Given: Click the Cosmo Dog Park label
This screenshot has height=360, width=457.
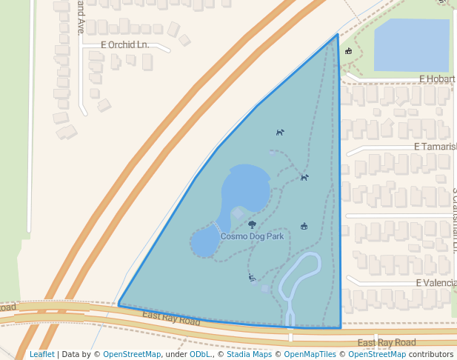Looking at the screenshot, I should pos(252,236).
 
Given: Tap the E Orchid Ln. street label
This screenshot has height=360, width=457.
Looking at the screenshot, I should pos(125,45).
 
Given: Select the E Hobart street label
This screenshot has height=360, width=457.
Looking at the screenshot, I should pos(436,79).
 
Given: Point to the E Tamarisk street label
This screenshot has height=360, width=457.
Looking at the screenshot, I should pos(436,147).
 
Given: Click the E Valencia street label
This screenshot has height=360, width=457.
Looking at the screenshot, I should pos(436,283).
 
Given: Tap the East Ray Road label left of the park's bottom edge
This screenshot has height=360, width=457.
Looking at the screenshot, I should pos(171,319).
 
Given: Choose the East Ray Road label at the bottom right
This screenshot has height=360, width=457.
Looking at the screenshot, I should pos(386,342).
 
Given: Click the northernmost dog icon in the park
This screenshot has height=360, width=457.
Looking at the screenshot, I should pos(280,133).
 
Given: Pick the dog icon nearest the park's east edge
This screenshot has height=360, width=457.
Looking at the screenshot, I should pos(304,177).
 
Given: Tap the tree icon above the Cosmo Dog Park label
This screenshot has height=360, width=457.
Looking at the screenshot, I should pos(252,224).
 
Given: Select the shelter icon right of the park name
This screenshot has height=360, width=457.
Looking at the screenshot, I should pos(304,226).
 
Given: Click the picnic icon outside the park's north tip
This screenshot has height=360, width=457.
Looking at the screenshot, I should pos(348,51).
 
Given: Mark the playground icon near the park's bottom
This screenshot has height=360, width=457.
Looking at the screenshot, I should pos(252,278).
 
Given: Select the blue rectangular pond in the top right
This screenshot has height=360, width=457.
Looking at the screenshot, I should pos(411,45).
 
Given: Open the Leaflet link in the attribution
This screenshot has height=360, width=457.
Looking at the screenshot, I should pos(41,354).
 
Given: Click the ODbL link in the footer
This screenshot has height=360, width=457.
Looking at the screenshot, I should pos(200,354).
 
